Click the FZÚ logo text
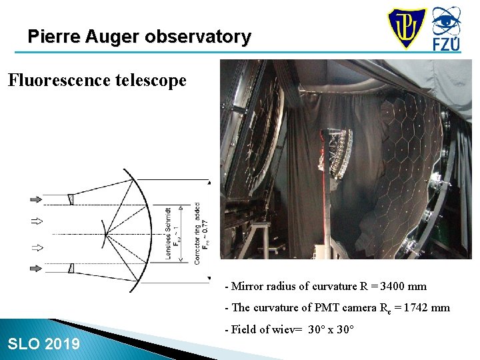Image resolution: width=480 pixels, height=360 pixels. tap(446, 44)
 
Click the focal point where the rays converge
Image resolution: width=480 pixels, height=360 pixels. tap(106, 234)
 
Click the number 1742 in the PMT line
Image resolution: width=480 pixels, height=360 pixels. tap(416, 308)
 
